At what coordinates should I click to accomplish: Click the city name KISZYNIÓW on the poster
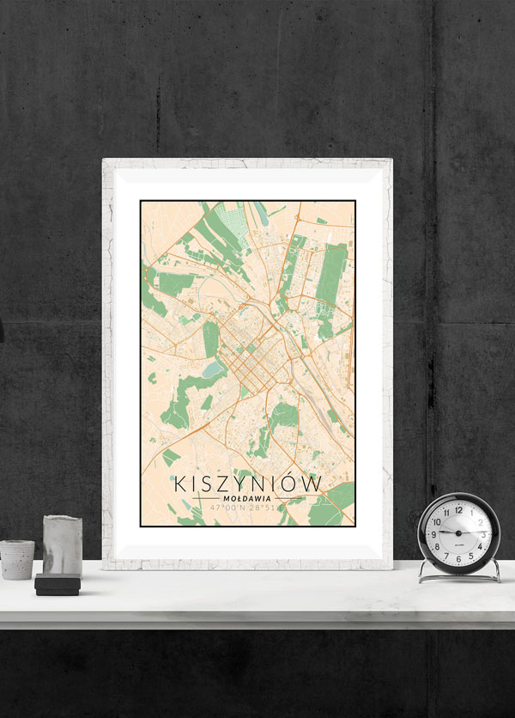pos(247,484)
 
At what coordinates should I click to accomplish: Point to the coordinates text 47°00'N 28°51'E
pos(247,508)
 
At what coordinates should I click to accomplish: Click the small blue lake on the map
pos(213,369)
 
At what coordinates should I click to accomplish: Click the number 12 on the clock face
pos(457,509)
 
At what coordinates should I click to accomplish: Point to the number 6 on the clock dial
pos(457,558)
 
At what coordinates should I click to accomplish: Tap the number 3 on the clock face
pos(482,533)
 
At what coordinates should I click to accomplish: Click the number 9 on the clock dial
pos(433,533)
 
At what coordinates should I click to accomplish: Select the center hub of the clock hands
pos(457,533)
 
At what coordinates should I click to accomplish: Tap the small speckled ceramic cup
pos(17,559)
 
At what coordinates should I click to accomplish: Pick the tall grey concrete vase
pos(62,546)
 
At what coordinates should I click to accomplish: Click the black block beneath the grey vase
pos(58,586)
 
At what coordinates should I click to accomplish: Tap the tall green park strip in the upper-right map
pos(334,275)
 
